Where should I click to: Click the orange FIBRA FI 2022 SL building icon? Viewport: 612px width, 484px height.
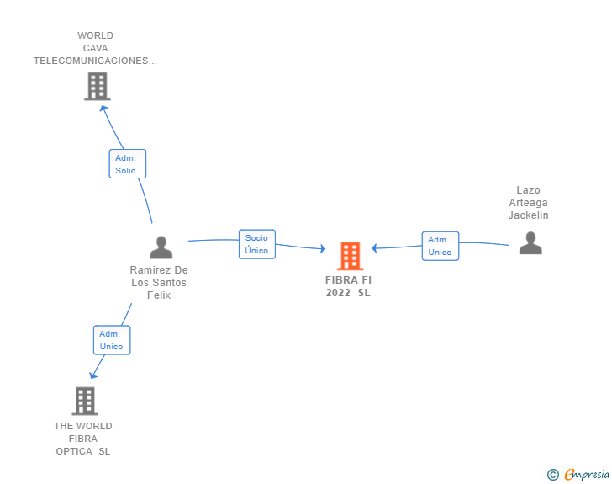click(350, 256)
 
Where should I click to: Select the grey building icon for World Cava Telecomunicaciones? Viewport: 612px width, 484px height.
click(97, 86)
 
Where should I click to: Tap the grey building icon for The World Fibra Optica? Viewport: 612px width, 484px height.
click(84, 401)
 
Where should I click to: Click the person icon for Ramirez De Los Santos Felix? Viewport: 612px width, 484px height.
click(161, 247)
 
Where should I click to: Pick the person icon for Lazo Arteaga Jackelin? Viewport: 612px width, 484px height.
click(530, 242)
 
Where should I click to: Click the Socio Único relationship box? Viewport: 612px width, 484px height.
click(256, 244)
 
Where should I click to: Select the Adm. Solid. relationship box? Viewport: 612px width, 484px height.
click(127, 164)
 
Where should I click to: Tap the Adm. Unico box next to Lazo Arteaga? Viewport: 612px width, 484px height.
click(440, 246)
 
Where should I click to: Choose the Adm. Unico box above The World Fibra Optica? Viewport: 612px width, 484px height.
click(111, 340)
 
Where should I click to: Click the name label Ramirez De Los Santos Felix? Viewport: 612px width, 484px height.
click(159, 282)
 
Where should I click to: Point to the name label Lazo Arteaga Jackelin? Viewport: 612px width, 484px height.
click(528, 203)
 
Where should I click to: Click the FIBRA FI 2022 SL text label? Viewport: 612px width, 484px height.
click(348, 286)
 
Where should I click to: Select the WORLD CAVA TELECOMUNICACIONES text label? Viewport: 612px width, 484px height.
click(95, 48)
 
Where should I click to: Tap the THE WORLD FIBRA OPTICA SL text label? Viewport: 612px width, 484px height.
click(83, 439)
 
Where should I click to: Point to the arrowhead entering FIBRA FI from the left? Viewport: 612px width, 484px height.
click(322, 248)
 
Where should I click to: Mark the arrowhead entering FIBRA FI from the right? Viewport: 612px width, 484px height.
click(375, 247)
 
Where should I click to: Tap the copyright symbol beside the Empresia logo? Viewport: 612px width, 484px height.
click(552, 475)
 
